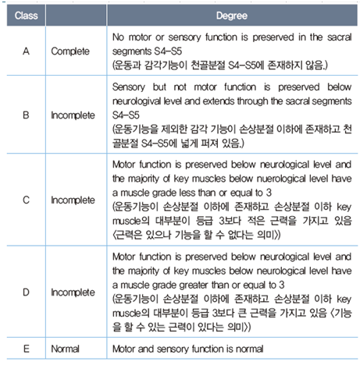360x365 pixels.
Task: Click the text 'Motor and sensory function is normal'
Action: (x=184, y=349)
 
